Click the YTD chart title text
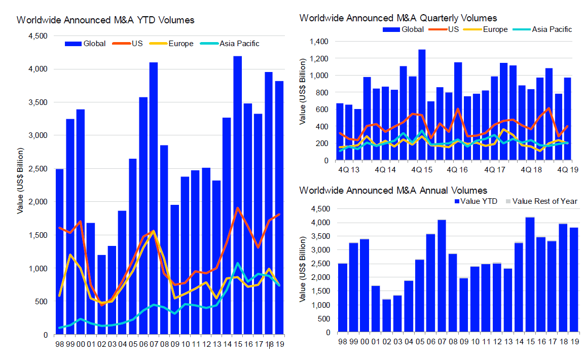click(x=105, y=20)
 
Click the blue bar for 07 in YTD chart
click(x=154, y=198)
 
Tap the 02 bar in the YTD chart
click(x=101, y=294)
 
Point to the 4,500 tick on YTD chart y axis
click(x=37, y=36)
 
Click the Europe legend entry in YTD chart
click(x=175, y=44)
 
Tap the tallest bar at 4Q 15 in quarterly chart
click(x=422, y=104)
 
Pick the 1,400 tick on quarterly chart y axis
click(x=318, y=42)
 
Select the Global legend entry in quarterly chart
click(x=406, y=29)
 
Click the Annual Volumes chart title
click(x=393, y=191)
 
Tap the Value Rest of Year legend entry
click(x=542, y=201)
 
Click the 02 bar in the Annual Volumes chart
click(x=386, y=315)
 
